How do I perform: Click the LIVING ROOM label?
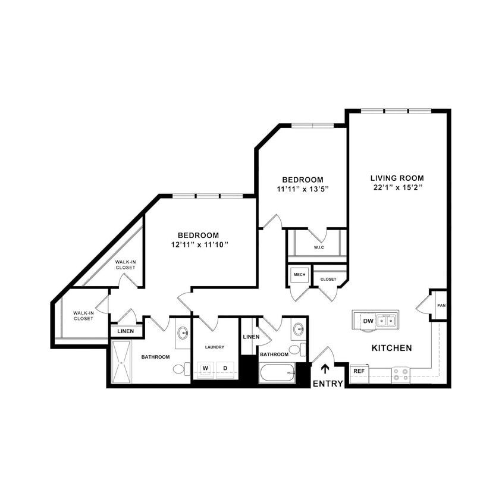397,178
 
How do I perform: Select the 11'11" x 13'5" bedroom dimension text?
303,189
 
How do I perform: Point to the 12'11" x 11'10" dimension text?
199,244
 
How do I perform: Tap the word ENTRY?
328,384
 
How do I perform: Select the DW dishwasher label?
368,321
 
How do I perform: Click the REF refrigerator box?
359,371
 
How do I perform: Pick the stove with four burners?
401,374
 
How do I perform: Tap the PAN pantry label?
441,306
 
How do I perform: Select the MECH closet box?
299,275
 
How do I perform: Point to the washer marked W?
205,368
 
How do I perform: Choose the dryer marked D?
225,368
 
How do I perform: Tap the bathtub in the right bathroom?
277,374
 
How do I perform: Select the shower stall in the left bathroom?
121,362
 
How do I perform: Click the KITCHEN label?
391,348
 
